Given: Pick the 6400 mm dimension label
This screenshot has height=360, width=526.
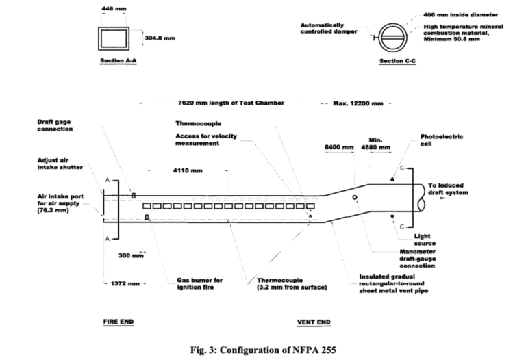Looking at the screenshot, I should (339, 147).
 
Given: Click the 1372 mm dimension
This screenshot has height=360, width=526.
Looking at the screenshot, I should (124, 283).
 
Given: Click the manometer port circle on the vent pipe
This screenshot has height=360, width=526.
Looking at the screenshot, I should (355, 197).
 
